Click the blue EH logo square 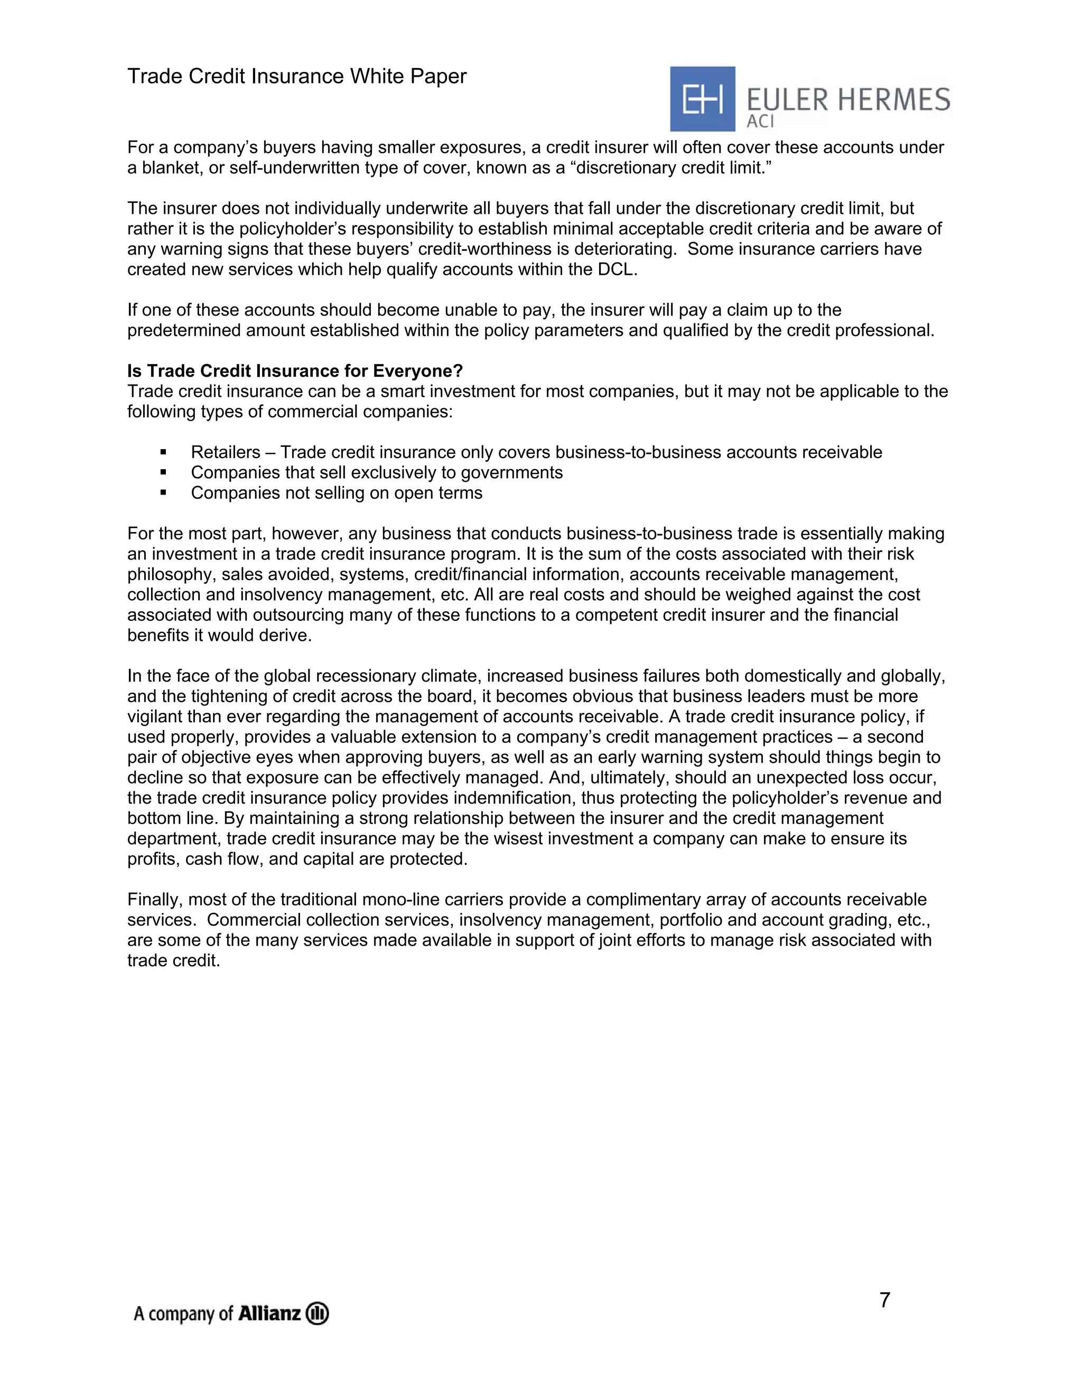pyautogui.click(x=702, y=99)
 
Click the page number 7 pyautogui.click(x=884, y=1300)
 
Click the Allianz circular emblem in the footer pyautogui.click(x=318, y=1313)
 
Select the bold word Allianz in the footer pyautogui.click(x=269, y=1313)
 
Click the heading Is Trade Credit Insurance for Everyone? pyautogui.click(x=295, y=371)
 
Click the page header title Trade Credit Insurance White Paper pyautogui.click(x=297, y=76)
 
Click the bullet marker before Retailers pyautogui.click(x=163, y=453)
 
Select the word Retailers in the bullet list pyautogui.click(x=226, y=453)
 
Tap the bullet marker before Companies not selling pyautogui.click(x=163, y=493)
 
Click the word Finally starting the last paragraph pyautogui.click(x=154, y=900)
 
